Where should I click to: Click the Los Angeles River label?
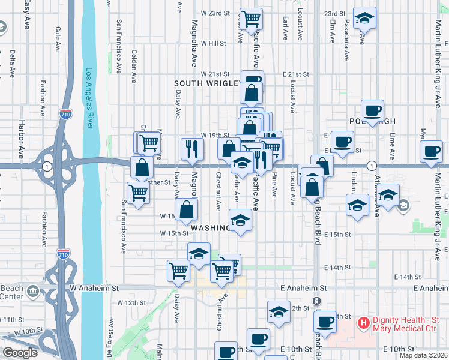tap(88, 98)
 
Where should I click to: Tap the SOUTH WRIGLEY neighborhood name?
tap(206, 83)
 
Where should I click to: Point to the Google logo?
tap(20, 353)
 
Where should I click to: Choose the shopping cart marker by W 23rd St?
tap(251, 18)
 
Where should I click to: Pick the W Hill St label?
tap(213, 43)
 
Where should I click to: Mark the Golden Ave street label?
tap(134, 65)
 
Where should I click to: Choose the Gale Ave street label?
tap(58, 37)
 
